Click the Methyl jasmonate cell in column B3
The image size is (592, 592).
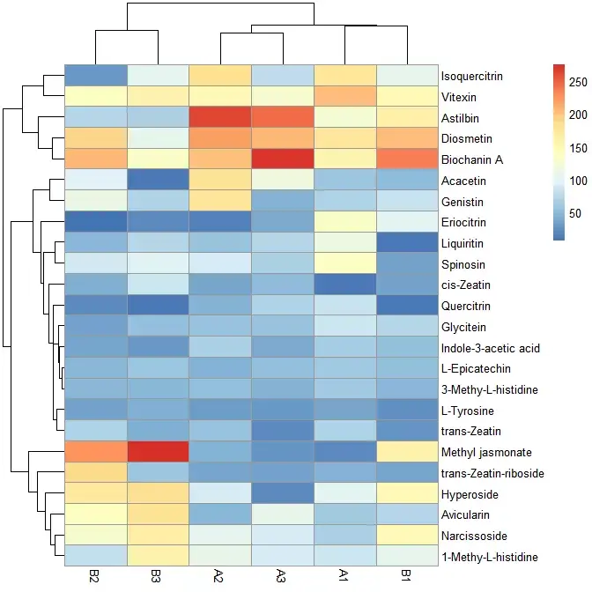point(159,452)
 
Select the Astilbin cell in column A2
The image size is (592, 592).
point(221,117)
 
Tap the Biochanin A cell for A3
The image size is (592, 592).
point(284,159)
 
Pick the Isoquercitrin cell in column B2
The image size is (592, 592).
point(96,75)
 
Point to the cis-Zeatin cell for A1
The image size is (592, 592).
point(345,285)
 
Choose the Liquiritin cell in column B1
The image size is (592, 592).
point(408,242)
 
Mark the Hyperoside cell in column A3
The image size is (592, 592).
point(284,493)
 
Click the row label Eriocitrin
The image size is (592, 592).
point(468,222)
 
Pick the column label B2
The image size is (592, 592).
point(96,577)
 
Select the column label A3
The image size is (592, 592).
point(284,577)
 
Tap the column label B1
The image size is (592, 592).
point(408,577)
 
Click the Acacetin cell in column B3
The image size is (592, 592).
point(159,181)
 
